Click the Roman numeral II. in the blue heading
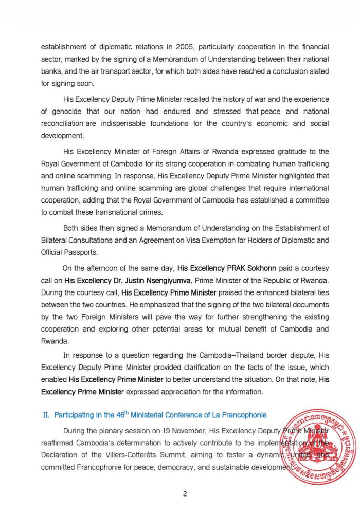point(45,415)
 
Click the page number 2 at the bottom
point(185,494)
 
